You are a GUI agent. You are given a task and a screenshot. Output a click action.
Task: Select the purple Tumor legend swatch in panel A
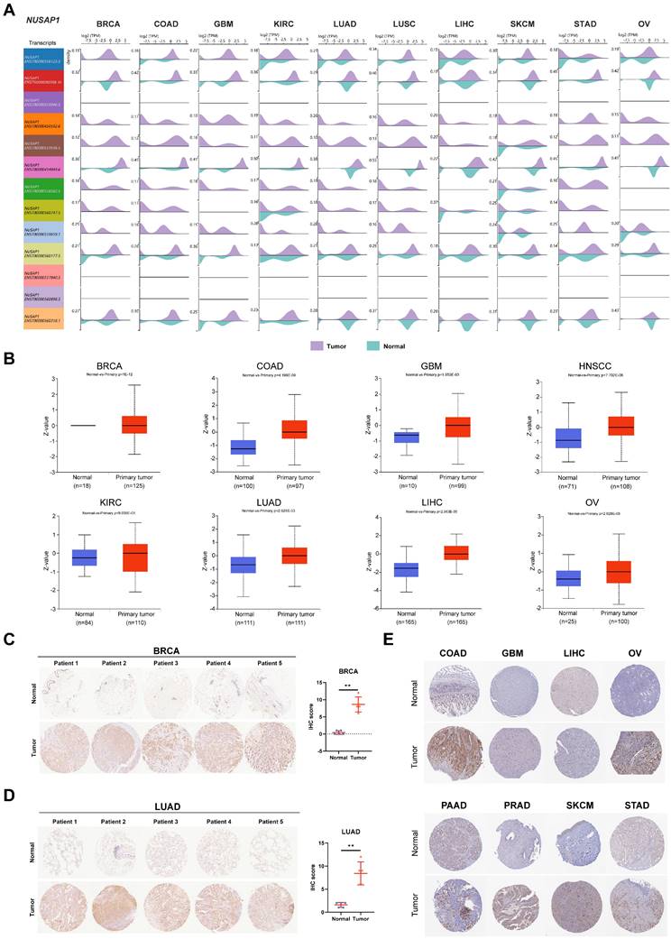coord(317,345)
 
